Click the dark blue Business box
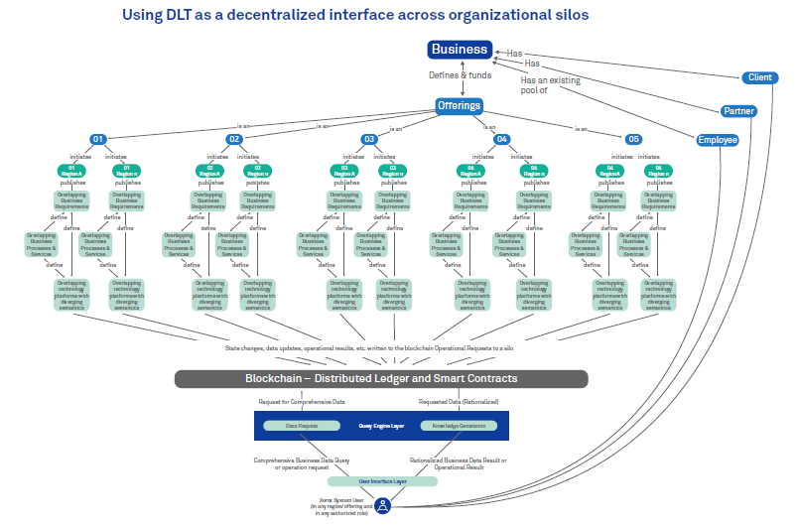(x=459, y=50)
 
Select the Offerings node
(x=459, y=105)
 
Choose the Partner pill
(x=737, y=110)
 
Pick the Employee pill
(x=717, y=140)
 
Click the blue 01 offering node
(x=98, y=139)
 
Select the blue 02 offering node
(x=235, y=139)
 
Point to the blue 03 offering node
(x=368, y=139)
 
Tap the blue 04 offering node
(x=502, y=139)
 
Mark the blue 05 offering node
(x=634, y=139)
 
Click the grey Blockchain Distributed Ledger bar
(x=381, y=379)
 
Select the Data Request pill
(x=301, y=425)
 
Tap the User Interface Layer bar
(x=382, y=481)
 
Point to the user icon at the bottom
(x=382, y=505)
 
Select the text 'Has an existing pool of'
(x=551, y=86)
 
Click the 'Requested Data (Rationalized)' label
(x=459, y=402)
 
